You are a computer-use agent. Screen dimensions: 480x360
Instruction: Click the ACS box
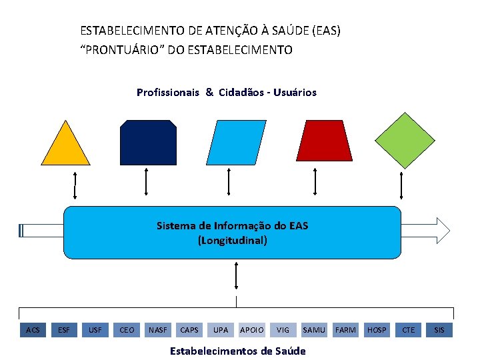click(33, 329)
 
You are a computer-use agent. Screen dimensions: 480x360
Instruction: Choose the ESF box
click(64, 329)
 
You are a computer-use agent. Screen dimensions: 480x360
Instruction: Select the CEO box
click(127, 329)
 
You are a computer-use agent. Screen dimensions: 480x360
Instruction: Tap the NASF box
click(158, 329)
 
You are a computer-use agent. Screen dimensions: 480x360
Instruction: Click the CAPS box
click(189, 329)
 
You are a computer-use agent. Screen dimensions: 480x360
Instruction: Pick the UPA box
click(221, 329)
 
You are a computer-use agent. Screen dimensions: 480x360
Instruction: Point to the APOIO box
click(251, 329)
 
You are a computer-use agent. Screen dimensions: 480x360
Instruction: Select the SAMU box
click(314, 329)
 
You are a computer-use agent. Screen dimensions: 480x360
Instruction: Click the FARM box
click(345, 329)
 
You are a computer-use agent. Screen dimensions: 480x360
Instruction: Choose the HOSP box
click(377, 329)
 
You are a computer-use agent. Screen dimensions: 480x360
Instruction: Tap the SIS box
click(439, 329)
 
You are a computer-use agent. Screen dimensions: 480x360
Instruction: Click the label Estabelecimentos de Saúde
click(238, 351)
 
